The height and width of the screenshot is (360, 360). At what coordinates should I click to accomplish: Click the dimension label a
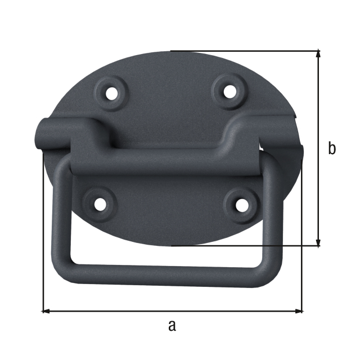click(x=172, y=325)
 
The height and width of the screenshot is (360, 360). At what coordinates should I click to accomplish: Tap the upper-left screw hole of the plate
click(x=114, y=91)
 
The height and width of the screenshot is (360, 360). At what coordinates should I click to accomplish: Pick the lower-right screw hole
click(x=241, y=205)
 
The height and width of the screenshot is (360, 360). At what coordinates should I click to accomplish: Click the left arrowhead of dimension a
click(x=46, y=310)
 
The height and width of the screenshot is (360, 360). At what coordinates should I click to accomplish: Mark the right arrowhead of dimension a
click(x=299, y=310)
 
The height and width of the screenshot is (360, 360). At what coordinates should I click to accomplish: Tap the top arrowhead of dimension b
click(x=319, y=54)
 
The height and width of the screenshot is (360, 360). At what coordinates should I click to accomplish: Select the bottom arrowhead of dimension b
click(x=319, y=242)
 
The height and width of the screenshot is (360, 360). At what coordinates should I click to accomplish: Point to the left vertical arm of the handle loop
click(x=61, y=214)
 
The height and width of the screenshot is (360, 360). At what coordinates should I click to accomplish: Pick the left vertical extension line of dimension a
click(x=43, y=236)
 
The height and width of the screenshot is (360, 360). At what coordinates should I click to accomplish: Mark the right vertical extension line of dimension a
click(x=303, y=236)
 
